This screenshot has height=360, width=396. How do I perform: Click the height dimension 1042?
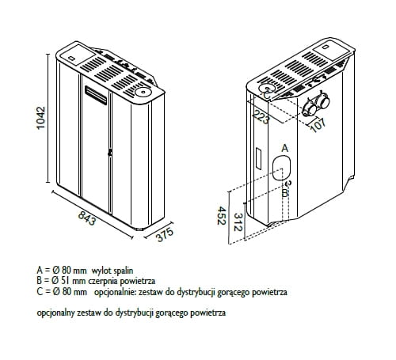41,118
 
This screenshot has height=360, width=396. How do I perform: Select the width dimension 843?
87,218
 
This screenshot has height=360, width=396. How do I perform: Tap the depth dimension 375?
165,234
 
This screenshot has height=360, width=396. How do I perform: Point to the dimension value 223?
261,117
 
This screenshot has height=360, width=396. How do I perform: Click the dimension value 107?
318,125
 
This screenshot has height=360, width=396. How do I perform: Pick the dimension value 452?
222,216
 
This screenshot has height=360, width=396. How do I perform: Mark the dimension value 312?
238,222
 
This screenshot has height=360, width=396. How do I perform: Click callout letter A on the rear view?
285,148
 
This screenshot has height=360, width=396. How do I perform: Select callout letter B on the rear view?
284,193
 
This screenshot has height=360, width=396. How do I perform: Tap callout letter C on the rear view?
267,96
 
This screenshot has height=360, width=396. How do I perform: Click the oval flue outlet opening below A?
281,168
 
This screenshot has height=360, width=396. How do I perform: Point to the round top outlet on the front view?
143,92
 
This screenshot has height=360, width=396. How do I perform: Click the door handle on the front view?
109,153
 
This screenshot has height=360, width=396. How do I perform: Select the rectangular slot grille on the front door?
96,95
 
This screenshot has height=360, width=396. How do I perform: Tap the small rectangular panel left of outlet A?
258,158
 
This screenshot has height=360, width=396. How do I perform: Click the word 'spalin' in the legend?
124,271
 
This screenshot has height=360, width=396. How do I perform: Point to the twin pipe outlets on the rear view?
316,106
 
